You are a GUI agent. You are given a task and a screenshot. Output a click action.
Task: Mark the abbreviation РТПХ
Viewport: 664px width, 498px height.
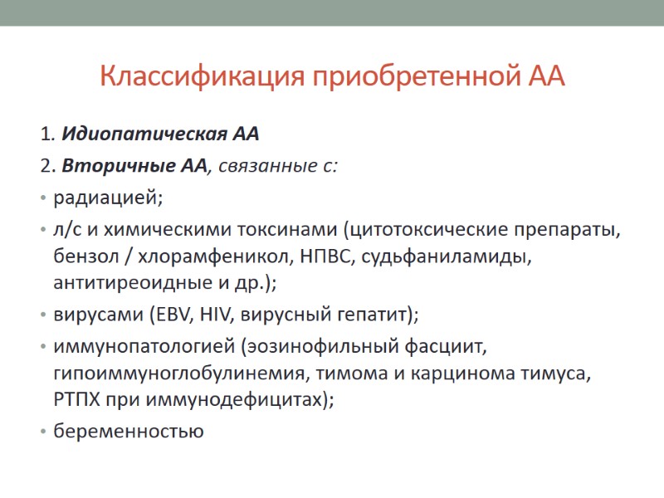[x=76, y=399]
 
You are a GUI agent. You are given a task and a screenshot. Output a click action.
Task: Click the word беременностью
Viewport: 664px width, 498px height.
[x=128, y=432]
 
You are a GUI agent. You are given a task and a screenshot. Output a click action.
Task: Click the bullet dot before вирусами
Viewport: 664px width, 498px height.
[x=43, y=316]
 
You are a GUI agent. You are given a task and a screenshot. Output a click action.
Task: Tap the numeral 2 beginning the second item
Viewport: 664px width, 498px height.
[x=43, y=165]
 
